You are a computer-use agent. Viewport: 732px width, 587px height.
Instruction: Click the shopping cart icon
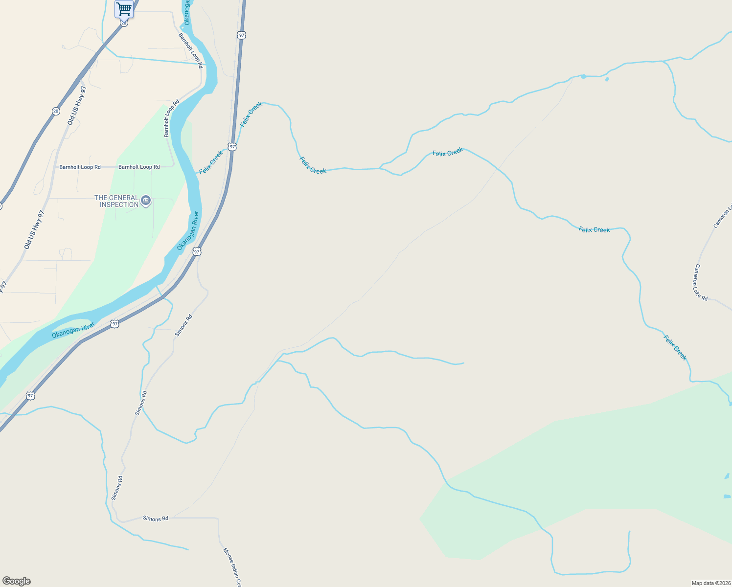coord(124,8)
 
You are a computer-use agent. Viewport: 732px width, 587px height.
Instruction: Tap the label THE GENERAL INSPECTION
coord(116,201)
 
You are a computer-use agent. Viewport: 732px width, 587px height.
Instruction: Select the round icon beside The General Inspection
coord(146,201)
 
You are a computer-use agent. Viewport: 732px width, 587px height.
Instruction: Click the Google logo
coord(16,581)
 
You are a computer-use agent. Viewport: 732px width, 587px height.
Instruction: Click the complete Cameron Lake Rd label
coord(701,283)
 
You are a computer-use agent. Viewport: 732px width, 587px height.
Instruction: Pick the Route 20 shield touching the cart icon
coord(124,23)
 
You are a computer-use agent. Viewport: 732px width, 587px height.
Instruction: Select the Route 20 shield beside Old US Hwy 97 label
coord(56,111)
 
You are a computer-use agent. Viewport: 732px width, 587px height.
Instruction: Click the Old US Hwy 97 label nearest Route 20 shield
coord(77,106)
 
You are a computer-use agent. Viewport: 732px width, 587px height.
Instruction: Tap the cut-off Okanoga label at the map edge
coord(187,12)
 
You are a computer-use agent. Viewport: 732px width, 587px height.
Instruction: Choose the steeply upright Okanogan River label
coord(188,231)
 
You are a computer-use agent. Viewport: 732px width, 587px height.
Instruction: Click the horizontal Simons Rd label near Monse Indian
coord(156,519)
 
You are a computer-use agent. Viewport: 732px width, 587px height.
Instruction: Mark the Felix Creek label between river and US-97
coord(211,162)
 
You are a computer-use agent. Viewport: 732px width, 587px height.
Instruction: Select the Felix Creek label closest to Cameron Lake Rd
coord(675,347)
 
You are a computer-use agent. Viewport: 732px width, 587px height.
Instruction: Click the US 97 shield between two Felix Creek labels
coord(232,147)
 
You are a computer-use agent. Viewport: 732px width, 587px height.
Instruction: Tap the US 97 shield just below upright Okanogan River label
coord(197,251)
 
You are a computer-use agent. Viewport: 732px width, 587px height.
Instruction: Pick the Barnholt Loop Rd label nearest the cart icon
coord(190,48)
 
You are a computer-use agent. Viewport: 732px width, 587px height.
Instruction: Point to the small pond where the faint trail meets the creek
coord(583,76)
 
